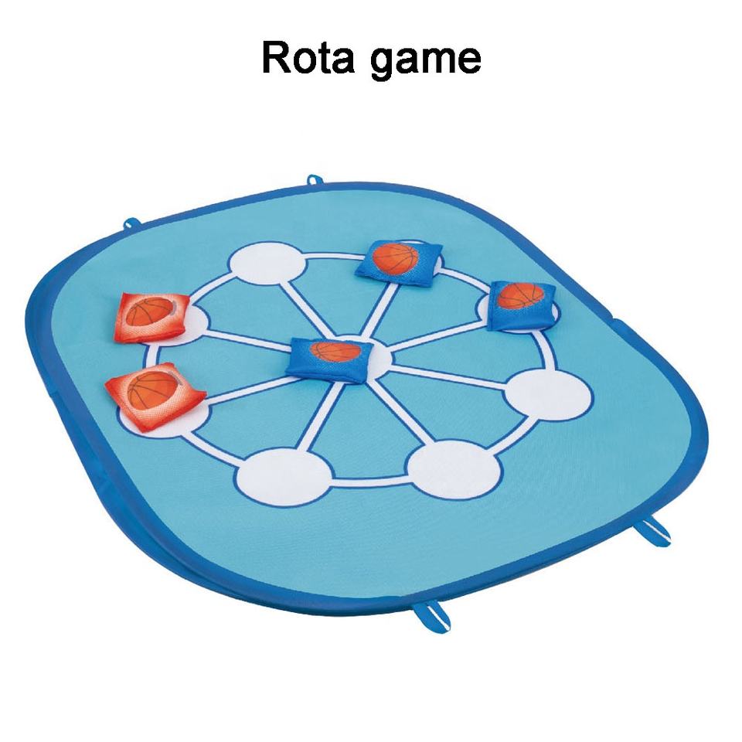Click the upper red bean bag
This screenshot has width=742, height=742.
[x=153, y=316]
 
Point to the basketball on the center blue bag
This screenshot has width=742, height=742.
[x=335, y=351]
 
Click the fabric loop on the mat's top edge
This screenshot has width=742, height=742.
[x=314, y=181]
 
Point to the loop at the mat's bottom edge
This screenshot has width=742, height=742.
[x=424, y=615]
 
